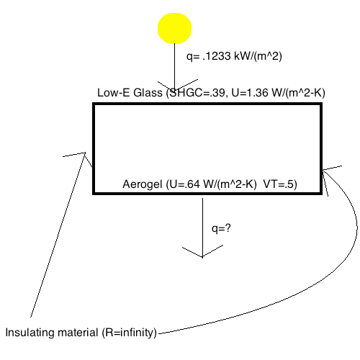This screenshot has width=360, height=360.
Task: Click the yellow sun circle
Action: [174, 28]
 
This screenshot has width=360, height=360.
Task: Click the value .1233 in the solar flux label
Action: [217, 56]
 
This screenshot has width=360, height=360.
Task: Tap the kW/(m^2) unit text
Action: [258, 56]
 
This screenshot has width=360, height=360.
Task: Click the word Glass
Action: [148, 93]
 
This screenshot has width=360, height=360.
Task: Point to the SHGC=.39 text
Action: [196, 93]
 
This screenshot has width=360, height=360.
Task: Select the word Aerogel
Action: [143, 184]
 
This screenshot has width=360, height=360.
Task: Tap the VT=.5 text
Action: [280, 184]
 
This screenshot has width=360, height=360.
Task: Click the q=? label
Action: [221, 228]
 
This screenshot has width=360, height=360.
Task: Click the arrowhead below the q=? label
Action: [203, 251]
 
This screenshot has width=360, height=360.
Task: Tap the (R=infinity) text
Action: [130, 333]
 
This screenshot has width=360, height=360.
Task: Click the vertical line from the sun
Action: [174, 67]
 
